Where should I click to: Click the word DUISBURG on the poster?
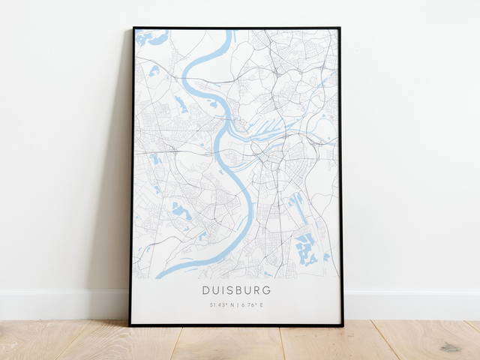coord(236,289)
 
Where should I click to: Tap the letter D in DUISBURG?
coord(205,289)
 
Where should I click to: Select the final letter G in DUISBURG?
coord(268,289)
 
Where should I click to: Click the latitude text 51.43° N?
coord(220,305)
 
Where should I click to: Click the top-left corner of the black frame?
coord(133,28)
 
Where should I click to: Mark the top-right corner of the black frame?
coord(340,28)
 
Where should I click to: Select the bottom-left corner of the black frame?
coord(130,325)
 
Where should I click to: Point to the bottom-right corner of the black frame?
coord(343,325)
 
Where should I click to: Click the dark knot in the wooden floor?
coord(450,347)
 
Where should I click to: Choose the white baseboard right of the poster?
coord(412,304)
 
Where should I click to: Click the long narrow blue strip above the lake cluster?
coord(297,207)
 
